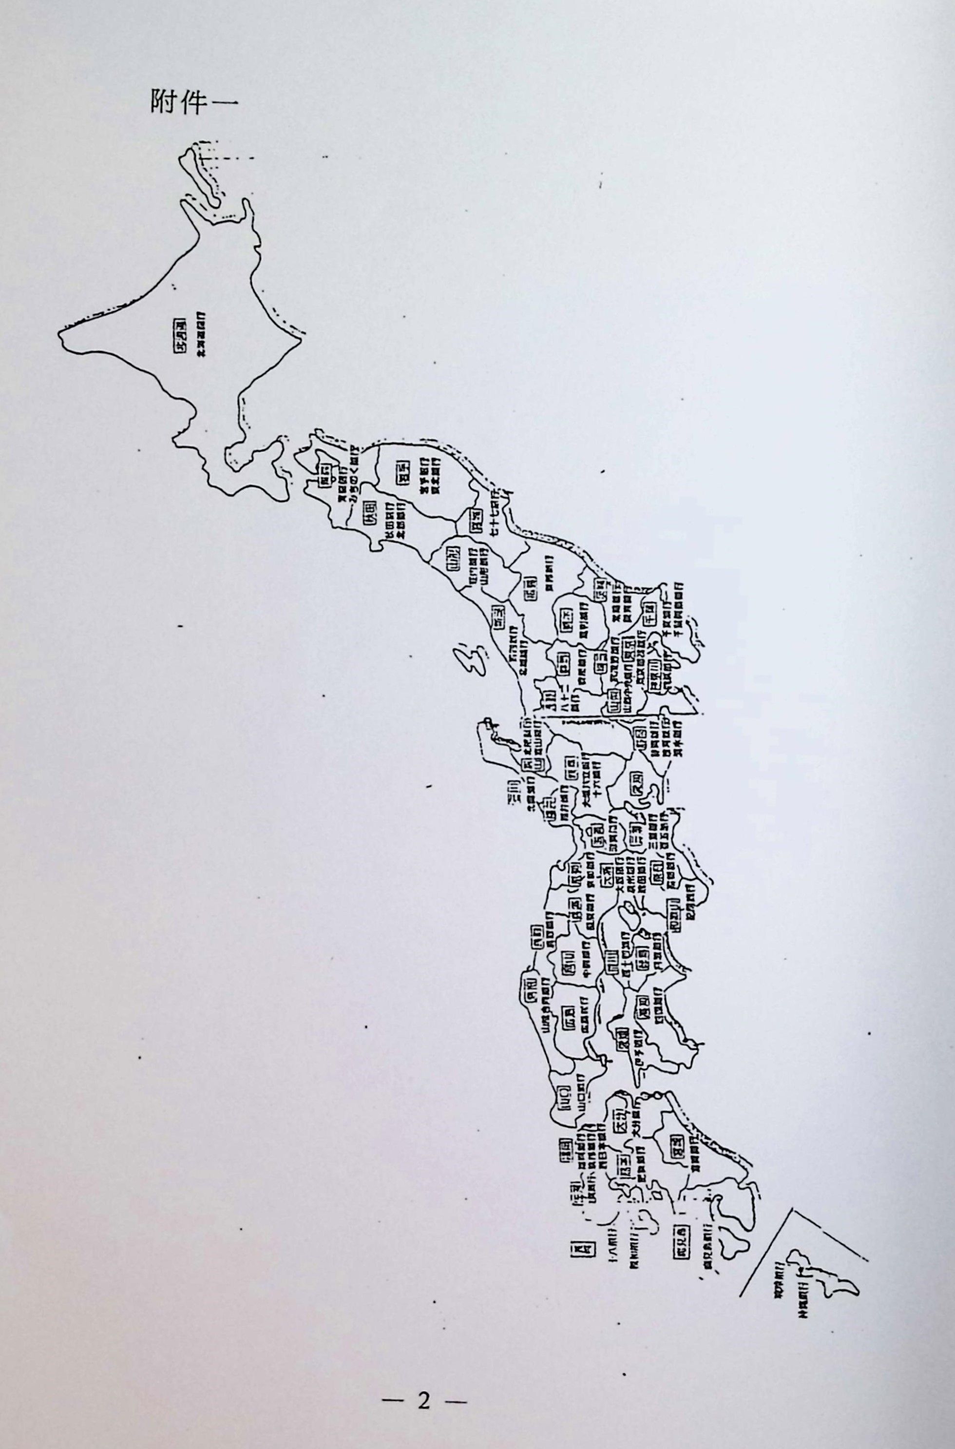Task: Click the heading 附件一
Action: tap(194, 102)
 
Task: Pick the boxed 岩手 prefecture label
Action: tap(402, 473)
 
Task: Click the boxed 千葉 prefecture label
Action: tap(650, 611)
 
